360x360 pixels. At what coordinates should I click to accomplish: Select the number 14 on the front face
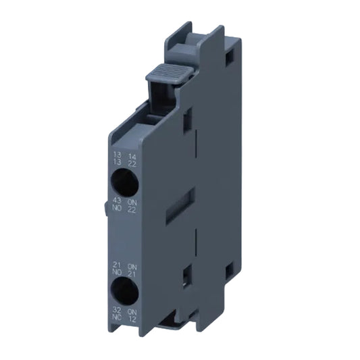pyautogui.click(x=132, y=155)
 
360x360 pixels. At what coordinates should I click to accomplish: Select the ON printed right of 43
pyautogui.click(x=132, y=201)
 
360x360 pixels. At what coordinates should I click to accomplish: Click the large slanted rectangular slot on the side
pyautogui.click(x=184, y=202)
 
